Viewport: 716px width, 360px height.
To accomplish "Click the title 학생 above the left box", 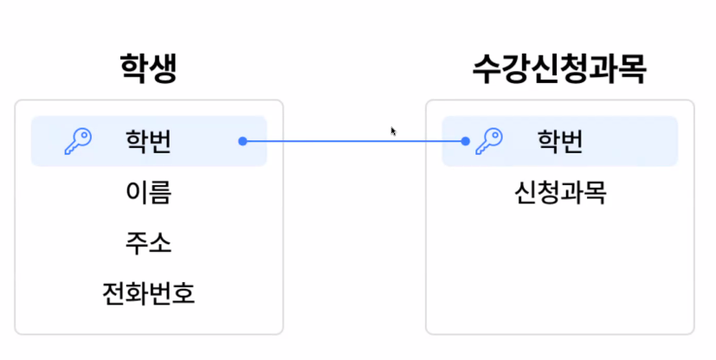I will click(149, 69).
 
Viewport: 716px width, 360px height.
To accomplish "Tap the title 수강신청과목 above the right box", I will click(559, 69).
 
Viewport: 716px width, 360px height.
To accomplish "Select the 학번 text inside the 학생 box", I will click(148, 141).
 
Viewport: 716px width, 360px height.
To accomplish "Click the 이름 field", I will click(148, 192).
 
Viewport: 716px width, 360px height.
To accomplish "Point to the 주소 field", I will click(148, 243).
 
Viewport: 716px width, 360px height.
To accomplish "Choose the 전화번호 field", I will click(148, 294).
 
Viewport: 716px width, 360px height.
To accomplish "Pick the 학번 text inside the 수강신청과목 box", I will click(559, 141).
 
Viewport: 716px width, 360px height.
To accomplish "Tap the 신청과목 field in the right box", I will click(559, 192).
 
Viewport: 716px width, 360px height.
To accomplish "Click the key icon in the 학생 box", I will click(78, 141).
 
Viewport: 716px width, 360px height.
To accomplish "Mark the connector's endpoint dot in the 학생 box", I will click(242, 141).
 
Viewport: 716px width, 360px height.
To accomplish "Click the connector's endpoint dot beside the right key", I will click(466, 141).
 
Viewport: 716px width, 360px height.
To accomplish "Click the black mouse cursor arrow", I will click(393, 131).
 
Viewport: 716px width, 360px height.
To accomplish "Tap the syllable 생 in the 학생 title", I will click(163, 69).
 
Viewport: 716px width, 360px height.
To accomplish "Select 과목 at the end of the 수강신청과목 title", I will click(617, 69).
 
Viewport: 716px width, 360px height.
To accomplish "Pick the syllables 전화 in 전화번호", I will click(125, 294).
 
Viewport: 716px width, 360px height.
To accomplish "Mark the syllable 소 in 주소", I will click(160, 243).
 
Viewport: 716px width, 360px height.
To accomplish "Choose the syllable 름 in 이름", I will click(160, 192).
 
